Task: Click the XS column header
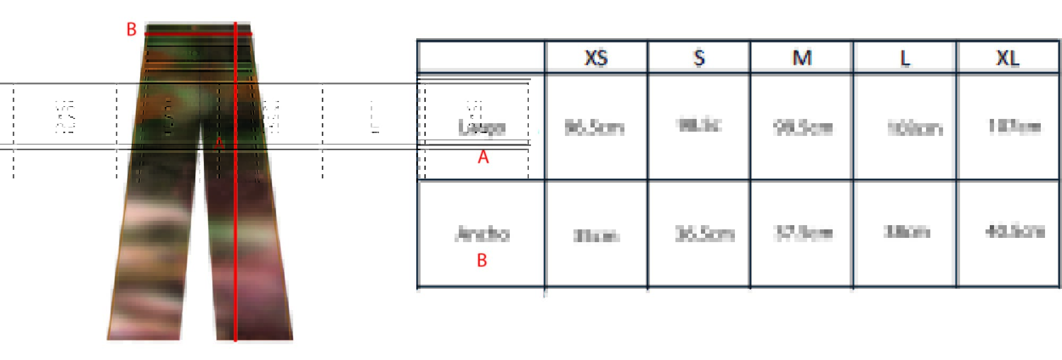click(x=596, y=57)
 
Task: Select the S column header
click(x=699, y=57)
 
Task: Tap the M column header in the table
click(x=802, y=57)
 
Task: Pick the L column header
click(x=905, y=58)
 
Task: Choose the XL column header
click(x=1007, y=57)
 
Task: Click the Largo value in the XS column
click(x=595, y=127)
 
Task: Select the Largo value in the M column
click(x=803, y=128)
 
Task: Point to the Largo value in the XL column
click(x=1014, y=126)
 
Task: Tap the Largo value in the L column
click(x=914, y=128)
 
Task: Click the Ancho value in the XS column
click(x=596, y=235)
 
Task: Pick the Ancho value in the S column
click(x=705, y=234)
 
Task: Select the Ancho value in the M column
click(x=803, y=233)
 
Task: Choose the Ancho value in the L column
click(x=906, y=232)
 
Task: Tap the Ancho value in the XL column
click(x=1015, y=232)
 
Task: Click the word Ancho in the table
click(x=483, y=234)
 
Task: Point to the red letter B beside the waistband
click(x=131, y=30)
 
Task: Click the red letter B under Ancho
click(x=482, y=260)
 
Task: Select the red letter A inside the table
click(x=483, y=157)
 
